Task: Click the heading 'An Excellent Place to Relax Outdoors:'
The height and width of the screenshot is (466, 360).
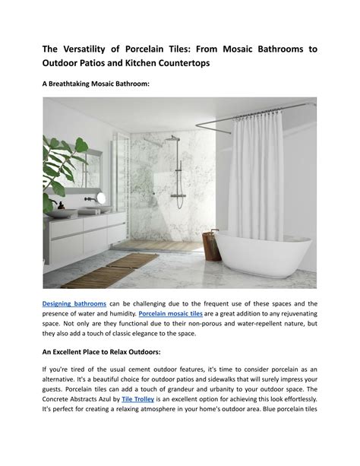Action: (112, 352)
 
